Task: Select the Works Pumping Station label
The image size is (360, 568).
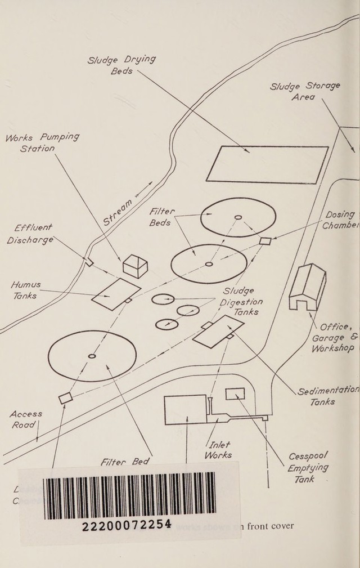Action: coord(41,143)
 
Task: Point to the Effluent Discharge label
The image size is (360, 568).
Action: coord(31,234)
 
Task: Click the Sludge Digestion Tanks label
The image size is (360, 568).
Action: coord(241,302)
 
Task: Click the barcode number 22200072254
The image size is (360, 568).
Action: coord(127,525)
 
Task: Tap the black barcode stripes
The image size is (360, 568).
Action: coord(129,494)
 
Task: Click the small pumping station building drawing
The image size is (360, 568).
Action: coord(135,266)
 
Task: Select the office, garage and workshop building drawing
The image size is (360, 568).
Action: coord(307,287)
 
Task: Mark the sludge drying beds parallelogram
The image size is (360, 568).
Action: coord(267,164)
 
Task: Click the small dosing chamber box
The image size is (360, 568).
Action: coord(265,241)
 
